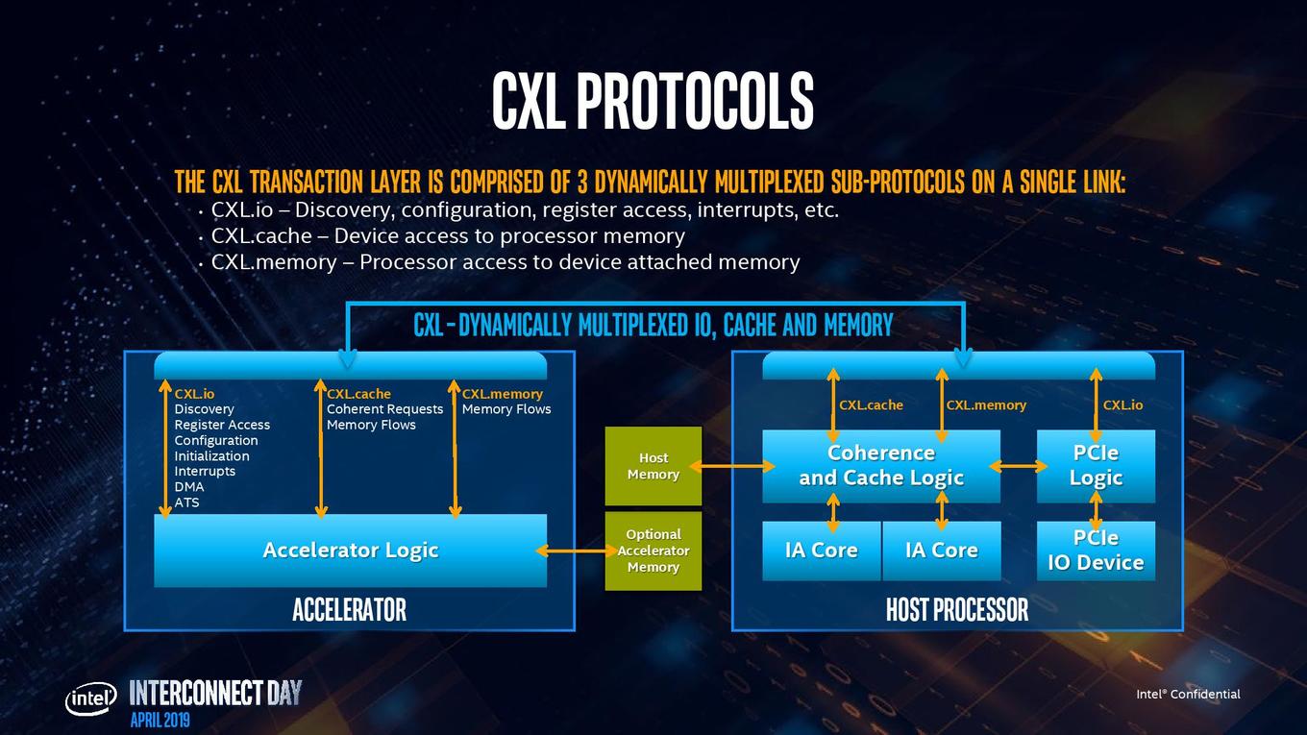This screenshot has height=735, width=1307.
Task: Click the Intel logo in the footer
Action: (90, 698)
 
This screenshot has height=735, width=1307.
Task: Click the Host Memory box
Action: (653, 466)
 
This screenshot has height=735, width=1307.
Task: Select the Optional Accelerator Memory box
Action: (653, 551)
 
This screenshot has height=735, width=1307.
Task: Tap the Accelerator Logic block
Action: (350, 551)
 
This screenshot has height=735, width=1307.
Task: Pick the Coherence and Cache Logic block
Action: (881, 466)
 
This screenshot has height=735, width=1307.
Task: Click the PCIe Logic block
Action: (1096, 466)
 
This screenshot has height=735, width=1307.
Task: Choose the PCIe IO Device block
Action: (1096, 551)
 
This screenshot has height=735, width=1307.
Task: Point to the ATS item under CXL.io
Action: (186, 502)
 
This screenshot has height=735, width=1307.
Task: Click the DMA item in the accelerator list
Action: (189, 486)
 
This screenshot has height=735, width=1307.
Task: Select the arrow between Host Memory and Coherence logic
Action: (731, 466)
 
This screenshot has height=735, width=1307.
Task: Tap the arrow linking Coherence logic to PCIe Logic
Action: (1018, 466)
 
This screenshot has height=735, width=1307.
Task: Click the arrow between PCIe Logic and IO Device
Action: (1096, 511)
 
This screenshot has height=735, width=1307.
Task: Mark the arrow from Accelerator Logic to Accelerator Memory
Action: (576, 551)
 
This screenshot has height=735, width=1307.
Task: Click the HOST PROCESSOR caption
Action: (957, 609)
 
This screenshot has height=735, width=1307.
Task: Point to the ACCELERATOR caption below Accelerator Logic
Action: (349, 609)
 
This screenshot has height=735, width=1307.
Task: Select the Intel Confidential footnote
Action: (1188, 694)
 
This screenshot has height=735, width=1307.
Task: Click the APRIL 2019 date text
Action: (160, 720)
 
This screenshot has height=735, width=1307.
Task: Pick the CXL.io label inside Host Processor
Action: (1122, 404)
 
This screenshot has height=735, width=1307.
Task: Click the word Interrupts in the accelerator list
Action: (205, 471)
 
